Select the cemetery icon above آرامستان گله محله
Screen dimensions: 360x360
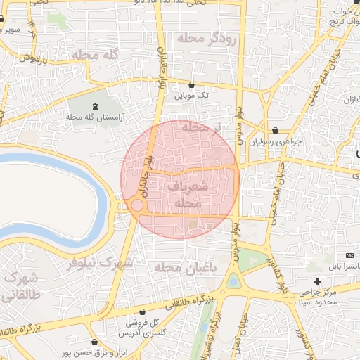[x=94, y=105]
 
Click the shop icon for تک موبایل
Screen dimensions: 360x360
[x=191, y=85]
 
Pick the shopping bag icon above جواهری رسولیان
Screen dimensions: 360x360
[x=275, y=130]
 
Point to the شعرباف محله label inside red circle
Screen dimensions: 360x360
[x=188, y=194]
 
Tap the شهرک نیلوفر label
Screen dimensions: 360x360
[x=100, y=264]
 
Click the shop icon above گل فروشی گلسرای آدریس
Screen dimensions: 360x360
[x=142, y=311]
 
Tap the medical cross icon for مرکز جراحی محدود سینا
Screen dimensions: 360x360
[x=317, y=281]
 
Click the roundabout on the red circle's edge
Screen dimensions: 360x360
[x=137, y=205]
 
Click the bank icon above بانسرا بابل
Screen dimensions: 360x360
[x=350, y=255]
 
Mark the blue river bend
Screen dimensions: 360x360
[x=105, y=204]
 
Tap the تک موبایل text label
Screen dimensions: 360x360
[x=191, y=96]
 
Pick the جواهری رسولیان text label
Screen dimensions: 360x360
[x=280, y=141]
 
